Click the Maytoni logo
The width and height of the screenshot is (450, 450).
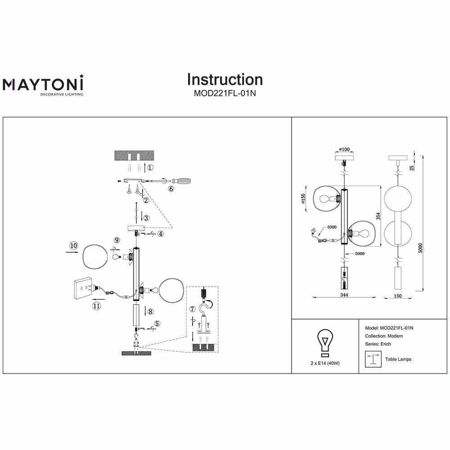point(44,85)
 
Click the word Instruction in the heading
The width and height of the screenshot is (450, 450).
point(225,79)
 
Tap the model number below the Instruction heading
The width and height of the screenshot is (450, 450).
point(225,94)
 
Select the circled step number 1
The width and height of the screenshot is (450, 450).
point(151,167)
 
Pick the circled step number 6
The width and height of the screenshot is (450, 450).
point(171,189)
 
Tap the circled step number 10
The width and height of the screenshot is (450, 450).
point(74,245)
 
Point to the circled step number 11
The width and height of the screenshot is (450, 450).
point(96,306)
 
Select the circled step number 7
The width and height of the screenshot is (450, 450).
point(193,309)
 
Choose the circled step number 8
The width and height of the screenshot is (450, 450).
point(150,311)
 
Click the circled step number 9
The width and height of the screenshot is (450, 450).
point(117,240)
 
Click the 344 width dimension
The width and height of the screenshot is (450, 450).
point(344,295)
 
